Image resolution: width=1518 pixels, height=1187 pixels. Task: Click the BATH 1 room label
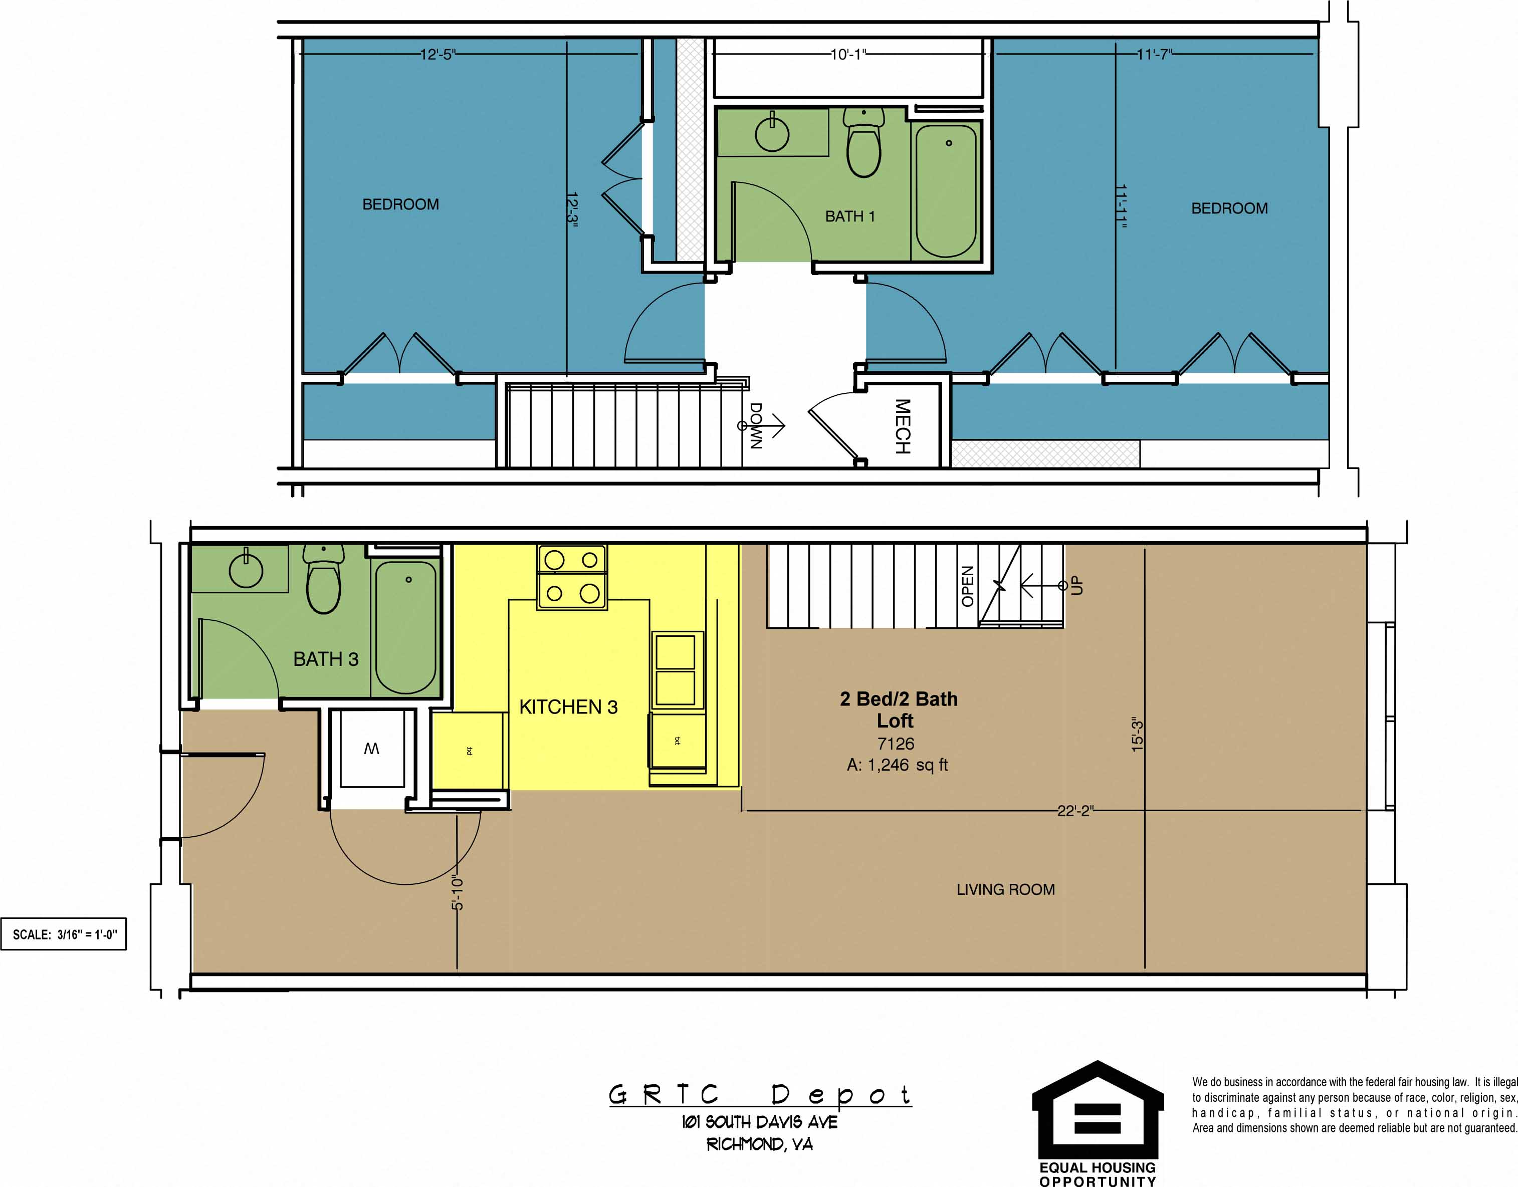(x=849, y=216)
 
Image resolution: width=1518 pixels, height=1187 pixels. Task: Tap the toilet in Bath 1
(x=864, y=145)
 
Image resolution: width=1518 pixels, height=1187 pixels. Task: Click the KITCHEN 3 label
(x=568, y=707)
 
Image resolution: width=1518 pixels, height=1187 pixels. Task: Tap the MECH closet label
(x=902, y=426)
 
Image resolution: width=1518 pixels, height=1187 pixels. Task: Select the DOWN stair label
(x=756, y=425)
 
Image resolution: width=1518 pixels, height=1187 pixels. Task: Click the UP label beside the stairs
(x=1076, y=585)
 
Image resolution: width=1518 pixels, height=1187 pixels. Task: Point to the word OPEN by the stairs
(x=967, y=586)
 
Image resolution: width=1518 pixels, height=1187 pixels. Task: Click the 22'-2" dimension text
(x=1074, y=810)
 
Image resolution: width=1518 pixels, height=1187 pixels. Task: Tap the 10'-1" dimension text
(x=848, y=54)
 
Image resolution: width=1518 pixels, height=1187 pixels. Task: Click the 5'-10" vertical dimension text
(x=457, y=892)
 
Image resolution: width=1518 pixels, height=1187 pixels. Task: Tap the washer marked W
(x=371, y=749)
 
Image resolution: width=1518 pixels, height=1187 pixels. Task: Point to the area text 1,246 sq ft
(x=897, y=765)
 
